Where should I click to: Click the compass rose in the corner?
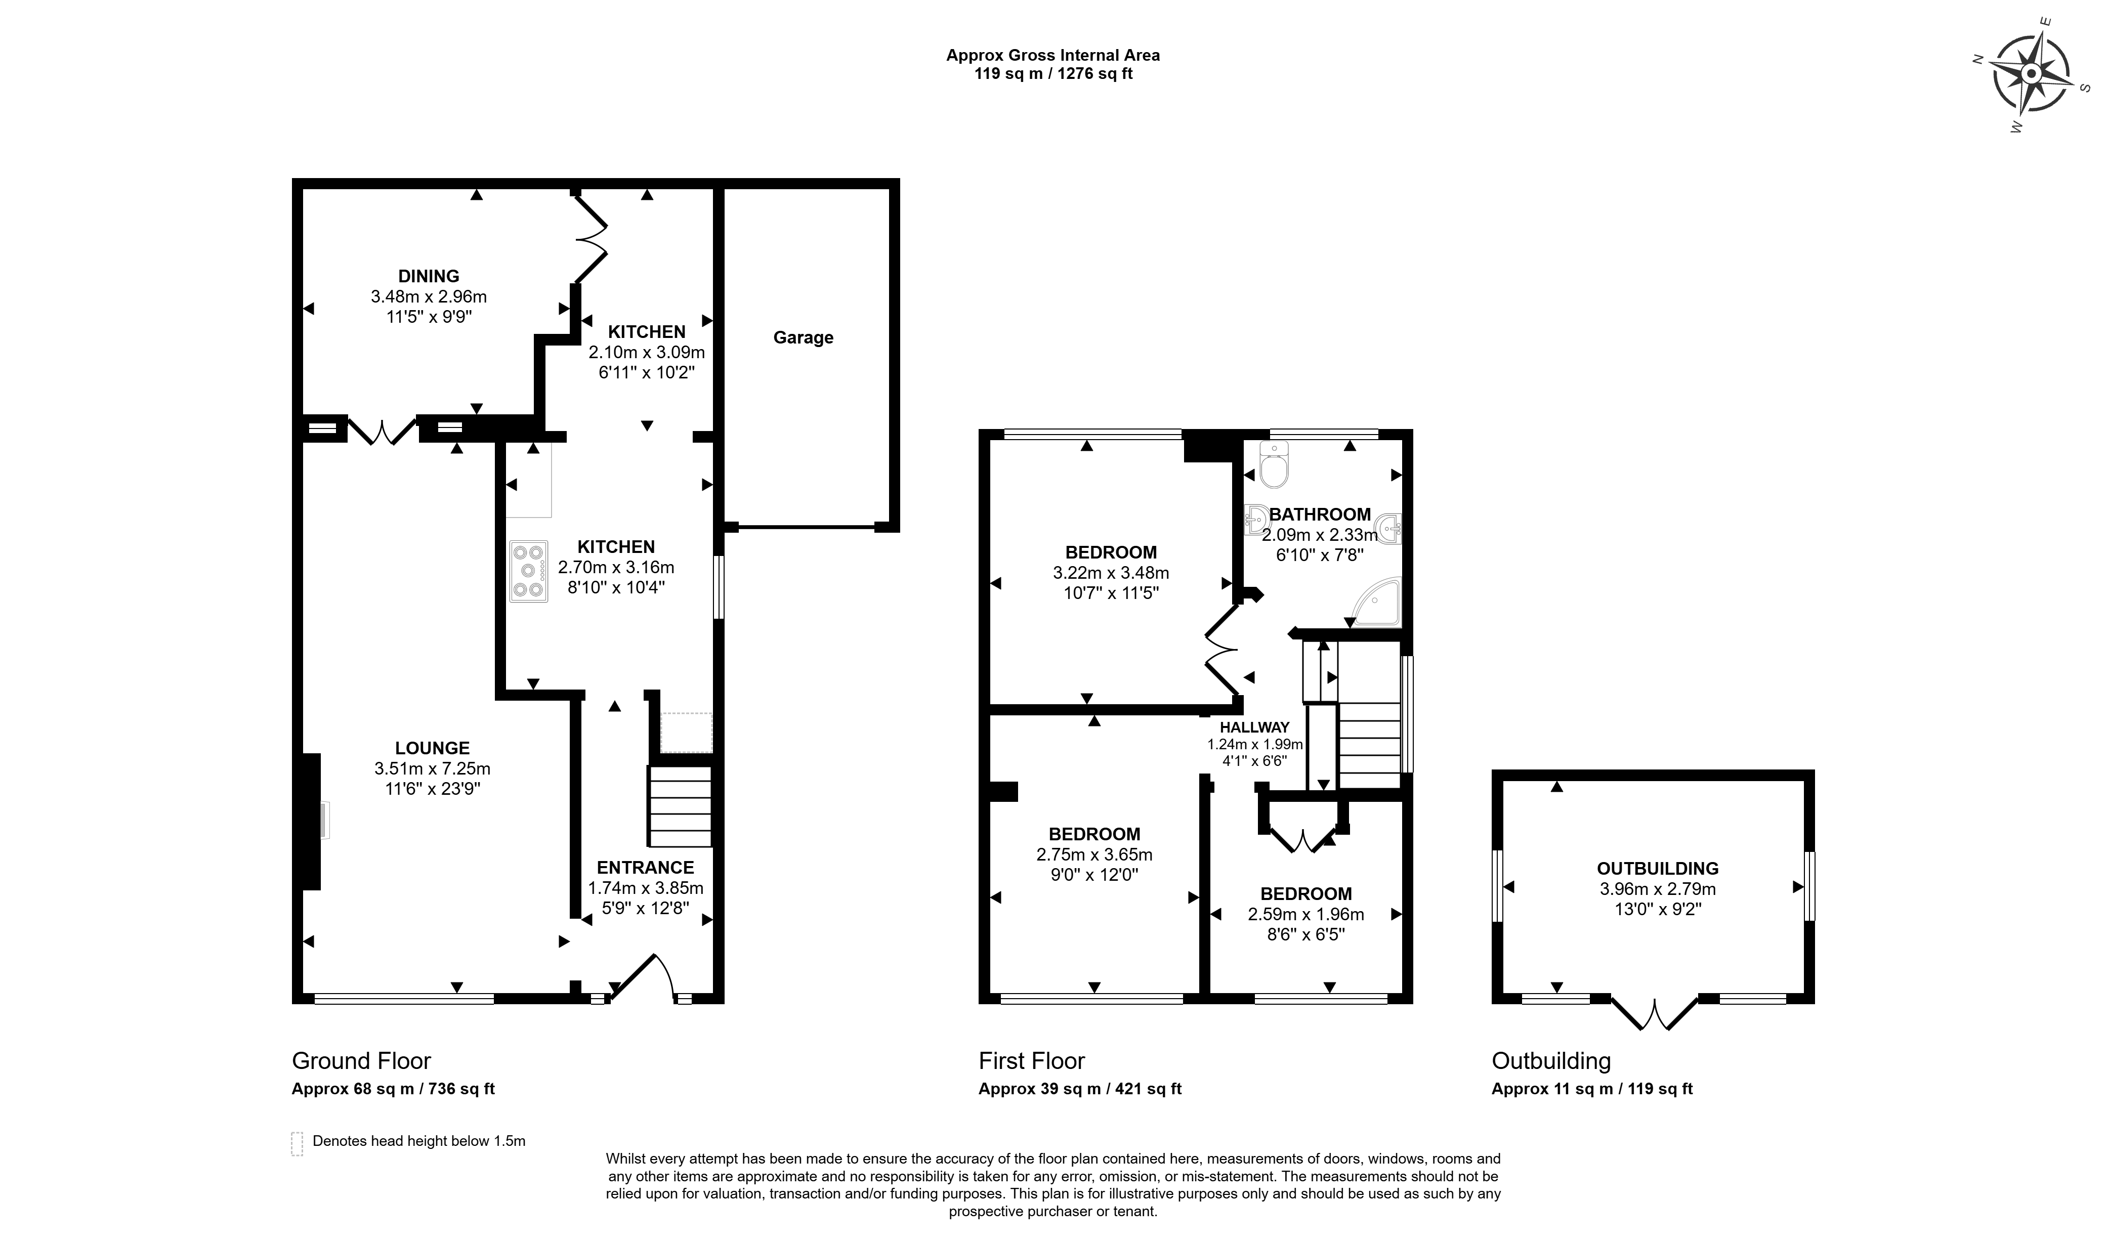tap(2030, 74)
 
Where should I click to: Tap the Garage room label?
tap(803, 337)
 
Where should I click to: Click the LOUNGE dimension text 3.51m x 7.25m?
tap(432, 768)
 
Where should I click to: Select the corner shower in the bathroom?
tap(1376, 602)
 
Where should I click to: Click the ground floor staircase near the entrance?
tap(680, 806)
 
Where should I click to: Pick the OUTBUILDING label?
tap(1657, 869)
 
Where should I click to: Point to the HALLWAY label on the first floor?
tap(1254, 727)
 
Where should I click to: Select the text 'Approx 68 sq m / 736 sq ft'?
tap(393, 1089)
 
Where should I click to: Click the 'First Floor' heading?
tap(1031, 1061)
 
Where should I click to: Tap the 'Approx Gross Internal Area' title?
tap(1053, 55)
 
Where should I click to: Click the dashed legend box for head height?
tap(297, 1143)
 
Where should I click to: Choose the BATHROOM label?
tap(1320, 515)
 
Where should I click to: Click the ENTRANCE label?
tap(645, 867)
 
